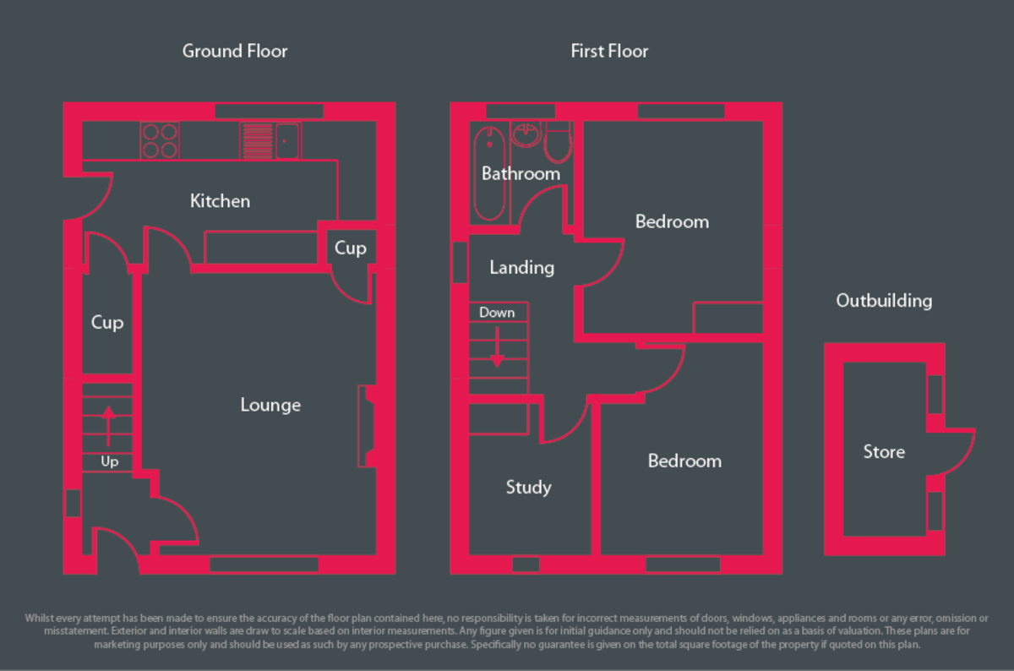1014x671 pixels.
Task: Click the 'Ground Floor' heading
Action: tap(235, 52)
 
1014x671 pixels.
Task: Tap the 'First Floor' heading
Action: tap(609, 52)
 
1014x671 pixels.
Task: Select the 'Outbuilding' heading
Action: tap(884, 301)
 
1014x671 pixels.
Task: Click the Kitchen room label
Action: tap(220, 201)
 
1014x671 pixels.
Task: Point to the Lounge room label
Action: tap(270, 406)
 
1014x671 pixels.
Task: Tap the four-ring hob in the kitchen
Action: tap(160, 141)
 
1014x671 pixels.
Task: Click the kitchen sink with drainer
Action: tap(270, 141)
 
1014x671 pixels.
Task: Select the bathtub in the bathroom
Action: tap(489, 173)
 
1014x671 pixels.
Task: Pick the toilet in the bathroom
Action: tap(558, 143)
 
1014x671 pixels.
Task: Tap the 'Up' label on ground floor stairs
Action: tap(109, 462)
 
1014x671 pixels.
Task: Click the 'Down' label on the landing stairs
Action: tap(497, 313)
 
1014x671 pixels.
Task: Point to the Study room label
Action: tap(529, 488)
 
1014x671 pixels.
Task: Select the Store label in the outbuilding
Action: tap(884, 452)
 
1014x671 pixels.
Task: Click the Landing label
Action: tap(522, 268)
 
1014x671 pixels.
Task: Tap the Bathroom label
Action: tap(521, 174)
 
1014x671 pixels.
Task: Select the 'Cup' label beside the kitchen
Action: tap(350, 248)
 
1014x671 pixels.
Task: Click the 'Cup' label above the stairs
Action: tap(107, 323)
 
